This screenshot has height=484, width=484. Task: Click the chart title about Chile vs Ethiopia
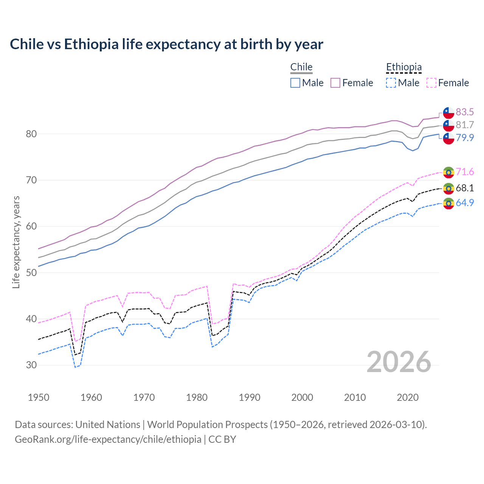(x=166, y=44)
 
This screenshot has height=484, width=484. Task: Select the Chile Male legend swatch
(x=295, y=83)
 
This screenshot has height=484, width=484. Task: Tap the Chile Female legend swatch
(x=335, y=83)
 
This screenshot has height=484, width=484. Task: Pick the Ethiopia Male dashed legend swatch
(x=391, y=83)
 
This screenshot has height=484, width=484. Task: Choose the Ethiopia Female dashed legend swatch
(x=431, y=83)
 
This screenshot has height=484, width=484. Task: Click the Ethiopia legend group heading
(x=403, y=67)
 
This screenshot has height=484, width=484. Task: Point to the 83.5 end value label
(x=465, y=112)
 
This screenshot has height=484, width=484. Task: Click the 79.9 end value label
(x=465, y=138)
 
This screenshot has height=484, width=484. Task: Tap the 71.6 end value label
(x=465, y=172)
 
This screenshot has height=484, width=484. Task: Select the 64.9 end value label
(x=465, y=203)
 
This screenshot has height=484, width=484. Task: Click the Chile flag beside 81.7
(x=448, y=125)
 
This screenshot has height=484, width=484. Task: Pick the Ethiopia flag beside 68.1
(x=448, y=188)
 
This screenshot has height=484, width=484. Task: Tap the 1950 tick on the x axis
(x=39, y=397)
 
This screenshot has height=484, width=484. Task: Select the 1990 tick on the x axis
(x=250, y=397)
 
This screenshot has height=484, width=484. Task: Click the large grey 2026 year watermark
(x=399, y=362)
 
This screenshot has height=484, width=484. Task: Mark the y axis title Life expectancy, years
(x=16, y=242)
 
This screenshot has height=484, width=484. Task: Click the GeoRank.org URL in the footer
(x=108, y=439)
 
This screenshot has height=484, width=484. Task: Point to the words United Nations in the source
(x=108, y=425)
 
